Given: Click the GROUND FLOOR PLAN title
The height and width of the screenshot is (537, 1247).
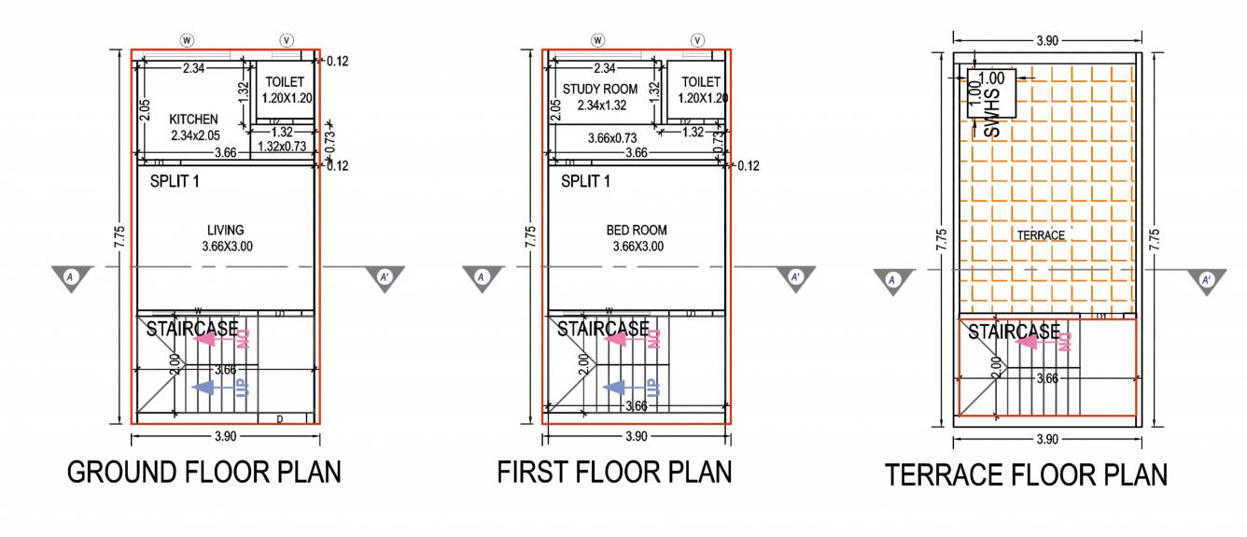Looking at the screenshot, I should (203, 472).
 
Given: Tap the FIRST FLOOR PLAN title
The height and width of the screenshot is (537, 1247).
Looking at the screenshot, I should (614, 472).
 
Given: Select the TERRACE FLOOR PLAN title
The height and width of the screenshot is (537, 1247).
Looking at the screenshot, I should (1026, 474).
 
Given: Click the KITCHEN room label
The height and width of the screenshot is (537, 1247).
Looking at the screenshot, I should (193, 120).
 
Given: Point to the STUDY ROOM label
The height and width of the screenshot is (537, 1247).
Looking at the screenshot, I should (600, 90).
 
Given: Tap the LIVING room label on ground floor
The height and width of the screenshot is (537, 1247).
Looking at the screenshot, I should (226, 230).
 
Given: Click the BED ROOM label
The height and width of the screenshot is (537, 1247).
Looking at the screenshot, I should (637, 230).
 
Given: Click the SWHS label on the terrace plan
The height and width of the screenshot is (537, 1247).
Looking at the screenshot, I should (992, 120).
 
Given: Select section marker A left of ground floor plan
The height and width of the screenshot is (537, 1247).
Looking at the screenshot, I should (72, 277).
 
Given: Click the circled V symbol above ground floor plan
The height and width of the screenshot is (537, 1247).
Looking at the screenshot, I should (287, 40).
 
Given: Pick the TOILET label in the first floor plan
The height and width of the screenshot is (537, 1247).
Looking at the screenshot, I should (701, 82).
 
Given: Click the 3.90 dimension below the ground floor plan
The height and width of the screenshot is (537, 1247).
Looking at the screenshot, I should (225, 437).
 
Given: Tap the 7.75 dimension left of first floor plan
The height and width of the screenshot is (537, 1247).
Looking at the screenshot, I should (530, 233).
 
